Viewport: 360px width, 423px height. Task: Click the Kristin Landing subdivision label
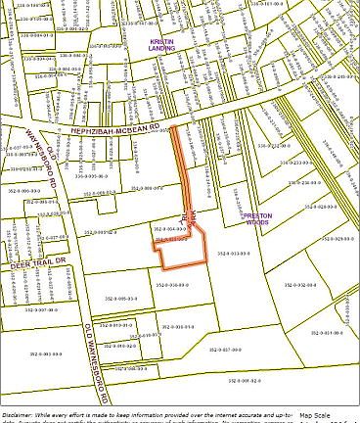pyautogui.click(x=162, y=44)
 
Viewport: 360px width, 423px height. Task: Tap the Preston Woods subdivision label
pyautogui.click(x=258, y=219)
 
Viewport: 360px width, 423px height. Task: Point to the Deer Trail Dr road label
pyautogui.click(x=37, y=261)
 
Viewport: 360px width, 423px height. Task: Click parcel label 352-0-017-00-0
pyautogui.click(x=227, y=349)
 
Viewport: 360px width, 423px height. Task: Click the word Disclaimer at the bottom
pyautogui.click(x=18, y=414)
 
